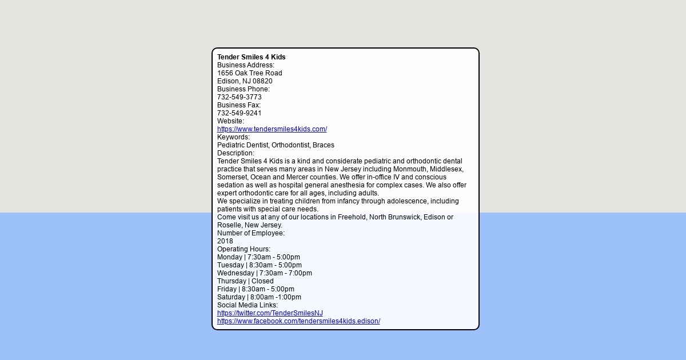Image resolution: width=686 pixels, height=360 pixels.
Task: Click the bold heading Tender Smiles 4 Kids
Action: pyautogui.click(x=251, y=57)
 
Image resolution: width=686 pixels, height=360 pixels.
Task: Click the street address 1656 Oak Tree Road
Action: pyautogui.click(x=249, y=73)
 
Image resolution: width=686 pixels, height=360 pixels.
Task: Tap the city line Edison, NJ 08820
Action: pyautogui.click(x=245, y=81)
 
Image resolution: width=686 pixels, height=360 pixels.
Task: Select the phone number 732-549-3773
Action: pyautogui.click(x=239, y=97)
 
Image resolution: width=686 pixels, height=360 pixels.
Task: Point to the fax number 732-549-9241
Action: pyautogui.click(x=239, y=113)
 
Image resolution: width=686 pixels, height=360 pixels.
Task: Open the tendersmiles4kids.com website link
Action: pyautogui.click(x=272, y=129)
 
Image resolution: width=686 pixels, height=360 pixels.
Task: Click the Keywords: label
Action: pyautogui.click(x=233, y=137)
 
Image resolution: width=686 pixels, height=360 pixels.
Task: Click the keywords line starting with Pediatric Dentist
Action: pyautogui.click(x=276, y=145)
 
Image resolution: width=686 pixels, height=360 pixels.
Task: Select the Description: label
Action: pyautogui.click(x=236, y=153)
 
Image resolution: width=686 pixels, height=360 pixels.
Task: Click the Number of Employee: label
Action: pyautogui.click(x=250, y=233)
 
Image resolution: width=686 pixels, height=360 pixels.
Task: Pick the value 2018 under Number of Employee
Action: pyautogui.click(x=225, y=241)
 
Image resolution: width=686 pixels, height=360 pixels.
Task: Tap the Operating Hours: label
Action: pyautogui.click(x=244, y=249)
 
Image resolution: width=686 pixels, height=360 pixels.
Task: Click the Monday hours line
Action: pyautogui.click(x=258, y=257)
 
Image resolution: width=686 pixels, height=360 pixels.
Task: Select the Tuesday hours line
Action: pyautogui.click(x=259, y=265)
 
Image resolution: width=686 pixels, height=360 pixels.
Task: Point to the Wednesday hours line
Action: pyautogui.click(x=264, y=273)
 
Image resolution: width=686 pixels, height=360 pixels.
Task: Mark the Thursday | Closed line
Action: pyautogui.click(x=245, y=281)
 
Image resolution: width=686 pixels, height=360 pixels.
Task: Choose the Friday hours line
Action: pyautogui.click(x=256, y=289)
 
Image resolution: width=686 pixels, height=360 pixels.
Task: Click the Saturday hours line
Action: pyautogui.click(x=259, y=297)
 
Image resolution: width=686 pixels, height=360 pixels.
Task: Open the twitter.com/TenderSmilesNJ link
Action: pyautogui.click(x=270, y=313)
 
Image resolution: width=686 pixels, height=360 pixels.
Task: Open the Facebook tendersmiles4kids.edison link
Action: pyautogui.click(x=298, y=321)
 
